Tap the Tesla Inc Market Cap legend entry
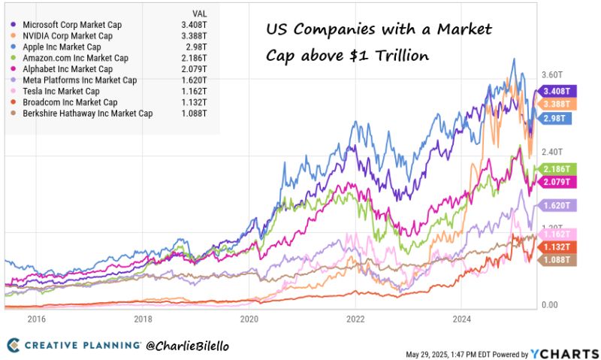tap(61, 91)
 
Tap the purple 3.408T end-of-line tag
tap(557, 92)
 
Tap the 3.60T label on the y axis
tap(551, 75)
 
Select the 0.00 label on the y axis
tap(549, 305)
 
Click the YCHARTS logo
tap(565, 352)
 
